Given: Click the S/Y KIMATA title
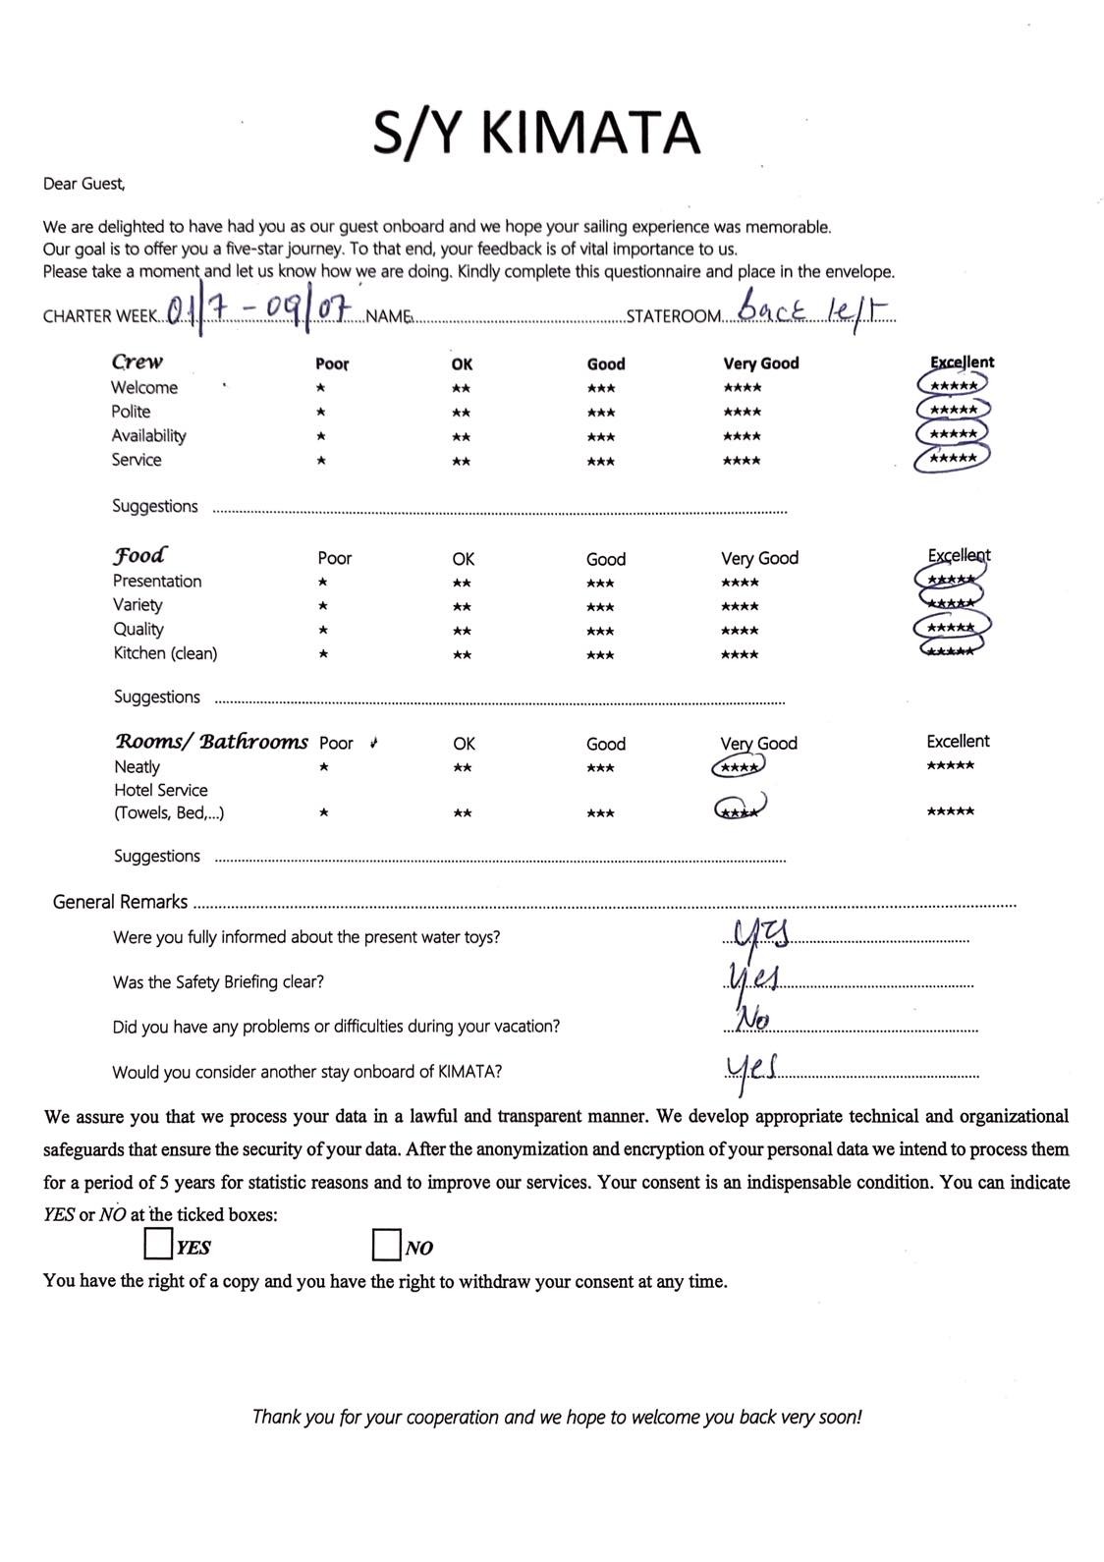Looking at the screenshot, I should point(536,134).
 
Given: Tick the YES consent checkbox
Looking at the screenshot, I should point(157,1244).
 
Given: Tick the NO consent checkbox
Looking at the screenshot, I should point(386,1245).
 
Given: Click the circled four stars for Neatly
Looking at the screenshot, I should point(738,767).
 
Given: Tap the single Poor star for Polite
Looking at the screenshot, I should point(321,413).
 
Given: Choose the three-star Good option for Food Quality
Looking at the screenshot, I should point(600,631).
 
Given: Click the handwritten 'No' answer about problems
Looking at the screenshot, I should point(751,1020).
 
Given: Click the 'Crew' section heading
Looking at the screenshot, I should point(138,362).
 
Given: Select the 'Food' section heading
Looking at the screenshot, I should point(139,555).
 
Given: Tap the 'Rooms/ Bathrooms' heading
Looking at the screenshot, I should point(211,742).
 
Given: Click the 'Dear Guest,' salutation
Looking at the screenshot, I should point(84,184).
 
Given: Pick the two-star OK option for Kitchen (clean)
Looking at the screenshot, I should point(462,655).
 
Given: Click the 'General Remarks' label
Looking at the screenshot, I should point(120,902).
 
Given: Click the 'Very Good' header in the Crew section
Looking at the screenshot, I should point(761,363).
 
